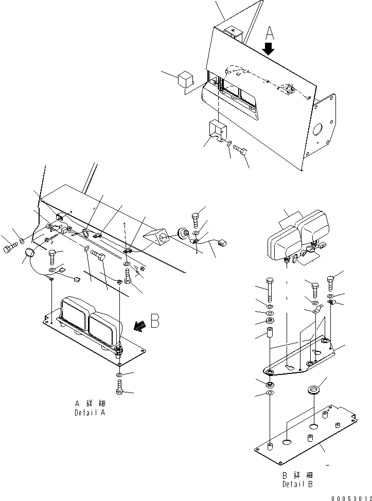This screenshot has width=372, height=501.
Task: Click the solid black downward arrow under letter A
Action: point(269,49)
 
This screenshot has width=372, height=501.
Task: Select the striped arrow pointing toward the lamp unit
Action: point(138,325)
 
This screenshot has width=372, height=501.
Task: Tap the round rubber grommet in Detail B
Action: point(312,387)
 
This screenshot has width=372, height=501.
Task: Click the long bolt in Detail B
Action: point(269,291)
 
